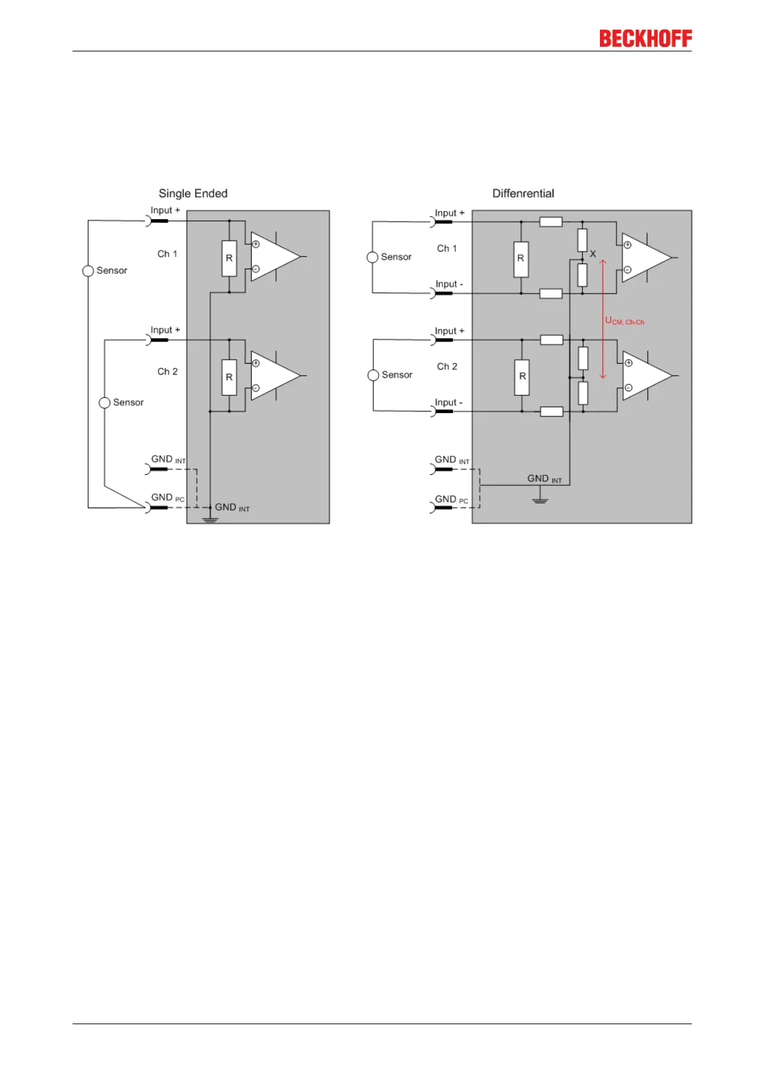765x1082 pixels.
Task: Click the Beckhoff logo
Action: pyautogui.click(x=645, y=39)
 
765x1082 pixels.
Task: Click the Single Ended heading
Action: pyautogui.click(x=193, y=193)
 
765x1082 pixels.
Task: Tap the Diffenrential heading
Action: pyautogui.click(x=523, y=193)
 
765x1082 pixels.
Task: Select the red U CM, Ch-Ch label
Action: pyautogui.click(x=624, y=321)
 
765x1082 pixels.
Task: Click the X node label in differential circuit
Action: pyautogui.click(x=593, y=254)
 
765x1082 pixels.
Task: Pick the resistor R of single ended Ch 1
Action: pyautogui.click(x=229, y=258)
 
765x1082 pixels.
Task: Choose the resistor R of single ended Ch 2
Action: pyautogui.click(x=229, y=377)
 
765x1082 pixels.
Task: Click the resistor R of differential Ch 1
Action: pyautogui.click(x=521, y=259)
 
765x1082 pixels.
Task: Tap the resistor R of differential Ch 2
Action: pyautogui.click(x=522, y=377)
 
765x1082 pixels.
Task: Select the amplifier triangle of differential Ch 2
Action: pyautogui.click(x=644, y=376)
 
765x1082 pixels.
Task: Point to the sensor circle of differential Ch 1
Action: pyautogui.click(x=373, y=257)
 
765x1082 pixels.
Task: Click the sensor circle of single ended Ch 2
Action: pyautogui.click(x=105, y=403)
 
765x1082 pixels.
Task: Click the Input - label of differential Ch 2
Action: pyautogui.click(x=448, y=403)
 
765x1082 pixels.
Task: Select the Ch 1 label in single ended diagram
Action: pyautogui.click(x=167, y=254)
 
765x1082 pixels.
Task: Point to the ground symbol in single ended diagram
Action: pyautogui.click(x=210, y=518)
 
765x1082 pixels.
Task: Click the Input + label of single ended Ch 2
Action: pyautogui.click(x=165, y=330)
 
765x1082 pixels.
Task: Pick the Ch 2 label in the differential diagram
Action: pyautogui.click(x=447, y=366)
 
